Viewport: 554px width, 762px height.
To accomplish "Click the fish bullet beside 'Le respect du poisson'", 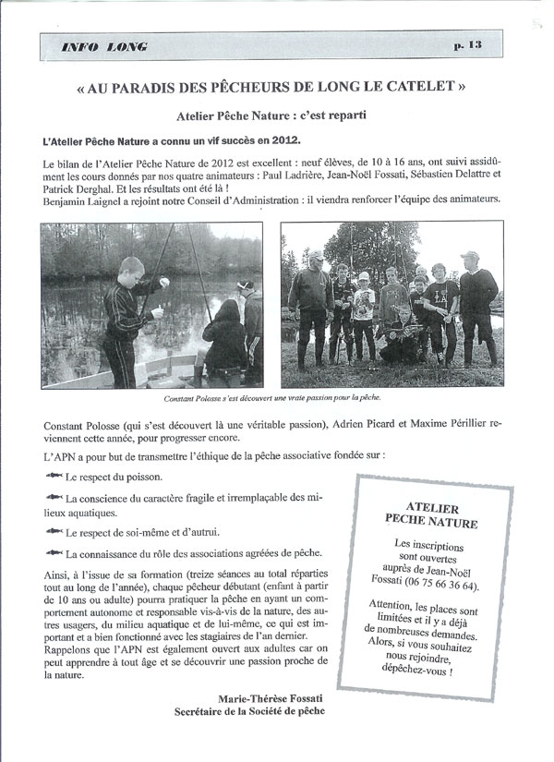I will point(53,477).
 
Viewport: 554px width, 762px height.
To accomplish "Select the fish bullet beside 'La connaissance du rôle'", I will point(53,554).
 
